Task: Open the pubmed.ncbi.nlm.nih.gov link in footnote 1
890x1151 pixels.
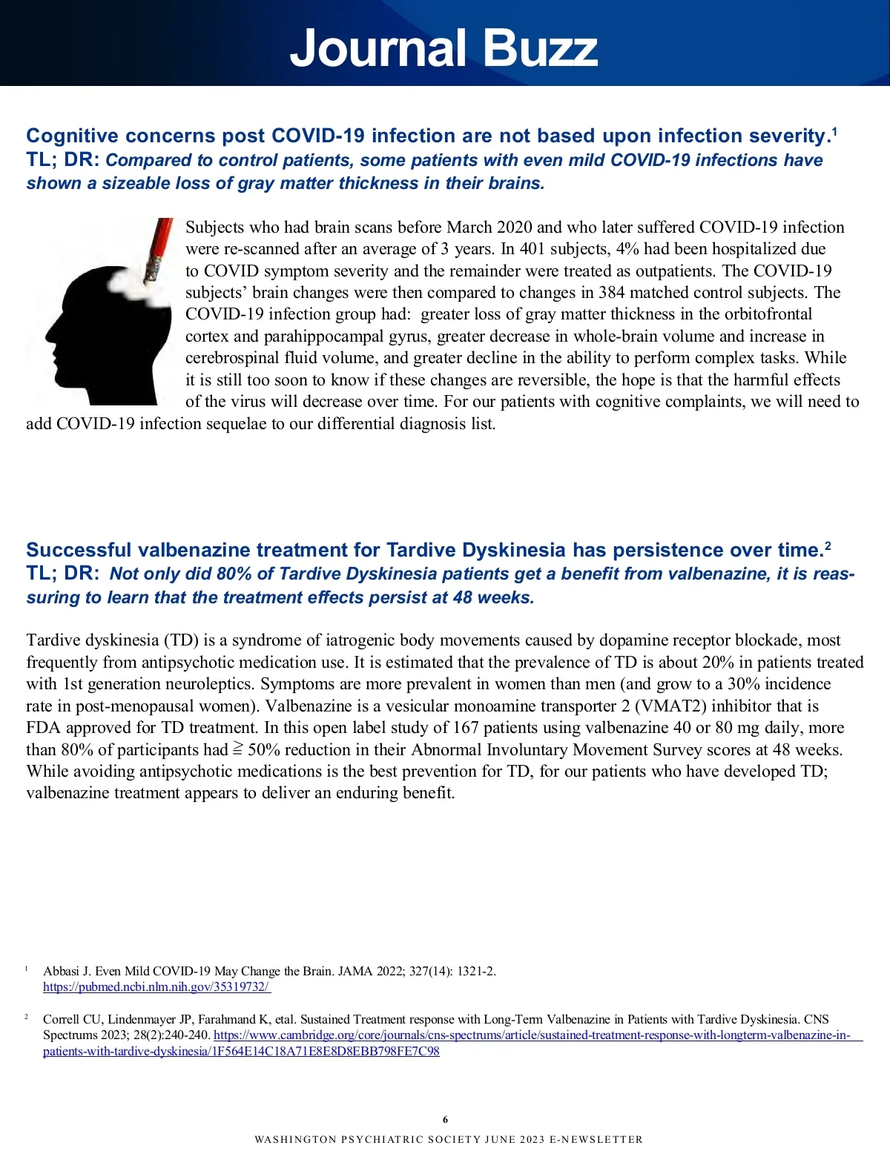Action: pos(156,986)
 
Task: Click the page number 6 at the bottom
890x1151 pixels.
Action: pos(445,1119)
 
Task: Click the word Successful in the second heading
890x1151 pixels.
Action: pos(78,550)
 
